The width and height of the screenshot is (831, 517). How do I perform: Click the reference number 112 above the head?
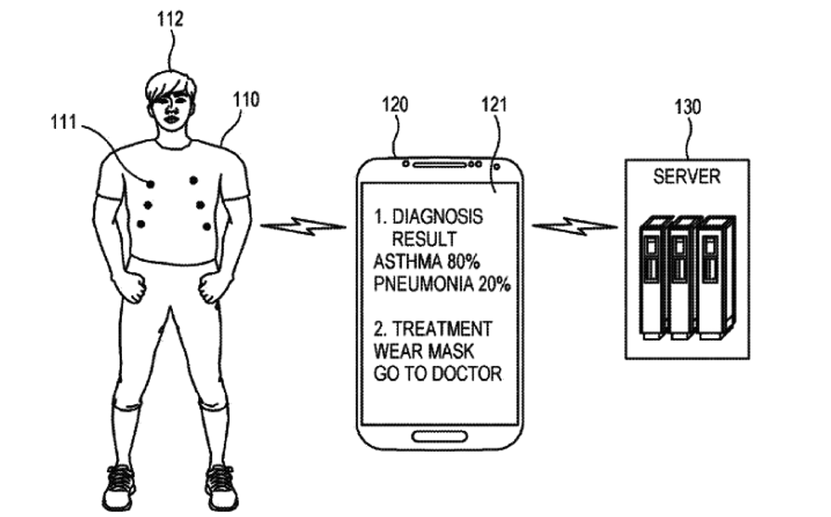[x=170, y=18]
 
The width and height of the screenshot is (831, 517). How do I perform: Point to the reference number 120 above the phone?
[x=396, y=105]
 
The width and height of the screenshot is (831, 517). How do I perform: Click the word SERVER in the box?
[x=686, y=177]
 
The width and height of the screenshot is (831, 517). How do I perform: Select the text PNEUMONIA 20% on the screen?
[x=442, y=285]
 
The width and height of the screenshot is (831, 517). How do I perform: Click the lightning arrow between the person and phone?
[x=303, y=226]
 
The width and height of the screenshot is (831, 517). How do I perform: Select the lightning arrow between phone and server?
[x=574, y=226]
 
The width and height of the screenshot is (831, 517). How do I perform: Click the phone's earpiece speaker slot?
[x=438, y=162]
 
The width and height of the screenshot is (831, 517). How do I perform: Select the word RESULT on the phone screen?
[x=424, y=240]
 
